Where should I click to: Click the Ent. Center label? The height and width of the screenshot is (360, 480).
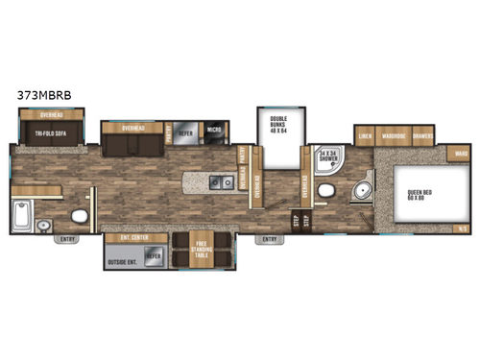pos(125,236)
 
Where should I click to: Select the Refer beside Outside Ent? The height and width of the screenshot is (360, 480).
pos(153,258)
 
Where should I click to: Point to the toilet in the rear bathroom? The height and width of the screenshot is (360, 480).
pos(81,215)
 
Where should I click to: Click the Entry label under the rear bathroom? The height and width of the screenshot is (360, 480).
pos(68,239)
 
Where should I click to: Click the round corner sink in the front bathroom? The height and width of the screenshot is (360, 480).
pos(362,190)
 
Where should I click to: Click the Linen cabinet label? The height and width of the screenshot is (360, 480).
pos(365,136)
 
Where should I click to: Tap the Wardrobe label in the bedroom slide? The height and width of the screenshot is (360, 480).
pos(393,136)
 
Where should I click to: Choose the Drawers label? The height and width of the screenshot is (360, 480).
pos(423,136)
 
